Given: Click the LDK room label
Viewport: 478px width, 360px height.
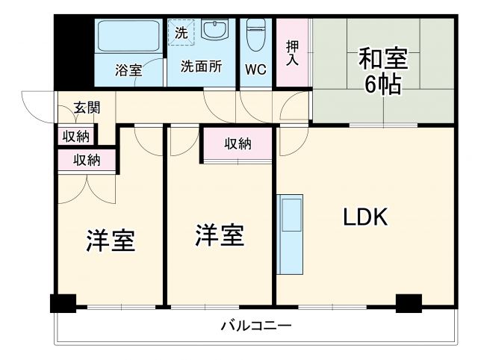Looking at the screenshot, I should coord(364,217).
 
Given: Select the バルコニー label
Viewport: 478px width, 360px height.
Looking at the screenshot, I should coord(255,326).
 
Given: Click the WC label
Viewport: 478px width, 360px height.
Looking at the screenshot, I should coord(255,71).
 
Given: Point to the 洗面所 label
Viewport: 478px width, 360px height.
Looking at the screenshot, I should coord(201,66).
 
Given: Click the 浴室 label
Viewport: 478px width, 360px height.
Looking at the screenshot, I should coord(128,70).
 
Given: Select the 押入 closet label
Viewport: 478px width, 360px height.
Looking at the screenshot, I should coord(293,53).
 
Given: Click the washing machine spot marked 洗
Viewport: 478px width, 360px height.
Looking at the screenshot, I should coord(181,32).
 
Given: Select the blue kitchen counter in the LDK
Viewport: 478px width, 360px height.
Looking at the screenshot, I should coord(290,233).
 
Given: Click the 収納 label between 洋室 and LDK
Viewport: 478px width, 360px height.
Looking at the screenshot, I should coord(238,144).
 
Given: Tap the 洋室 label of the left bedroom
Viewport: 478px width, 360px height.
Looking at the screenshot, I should coord(111,240).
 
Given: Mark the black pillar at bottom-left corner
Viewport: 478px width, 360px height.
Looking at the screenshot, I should coord(63,303).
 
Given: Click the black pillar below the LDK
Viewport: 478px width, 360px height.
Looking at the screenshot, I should coord(409,303).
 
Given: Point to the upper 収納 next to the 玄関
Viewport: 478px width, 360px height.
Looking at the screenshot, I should coord(75,136).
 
